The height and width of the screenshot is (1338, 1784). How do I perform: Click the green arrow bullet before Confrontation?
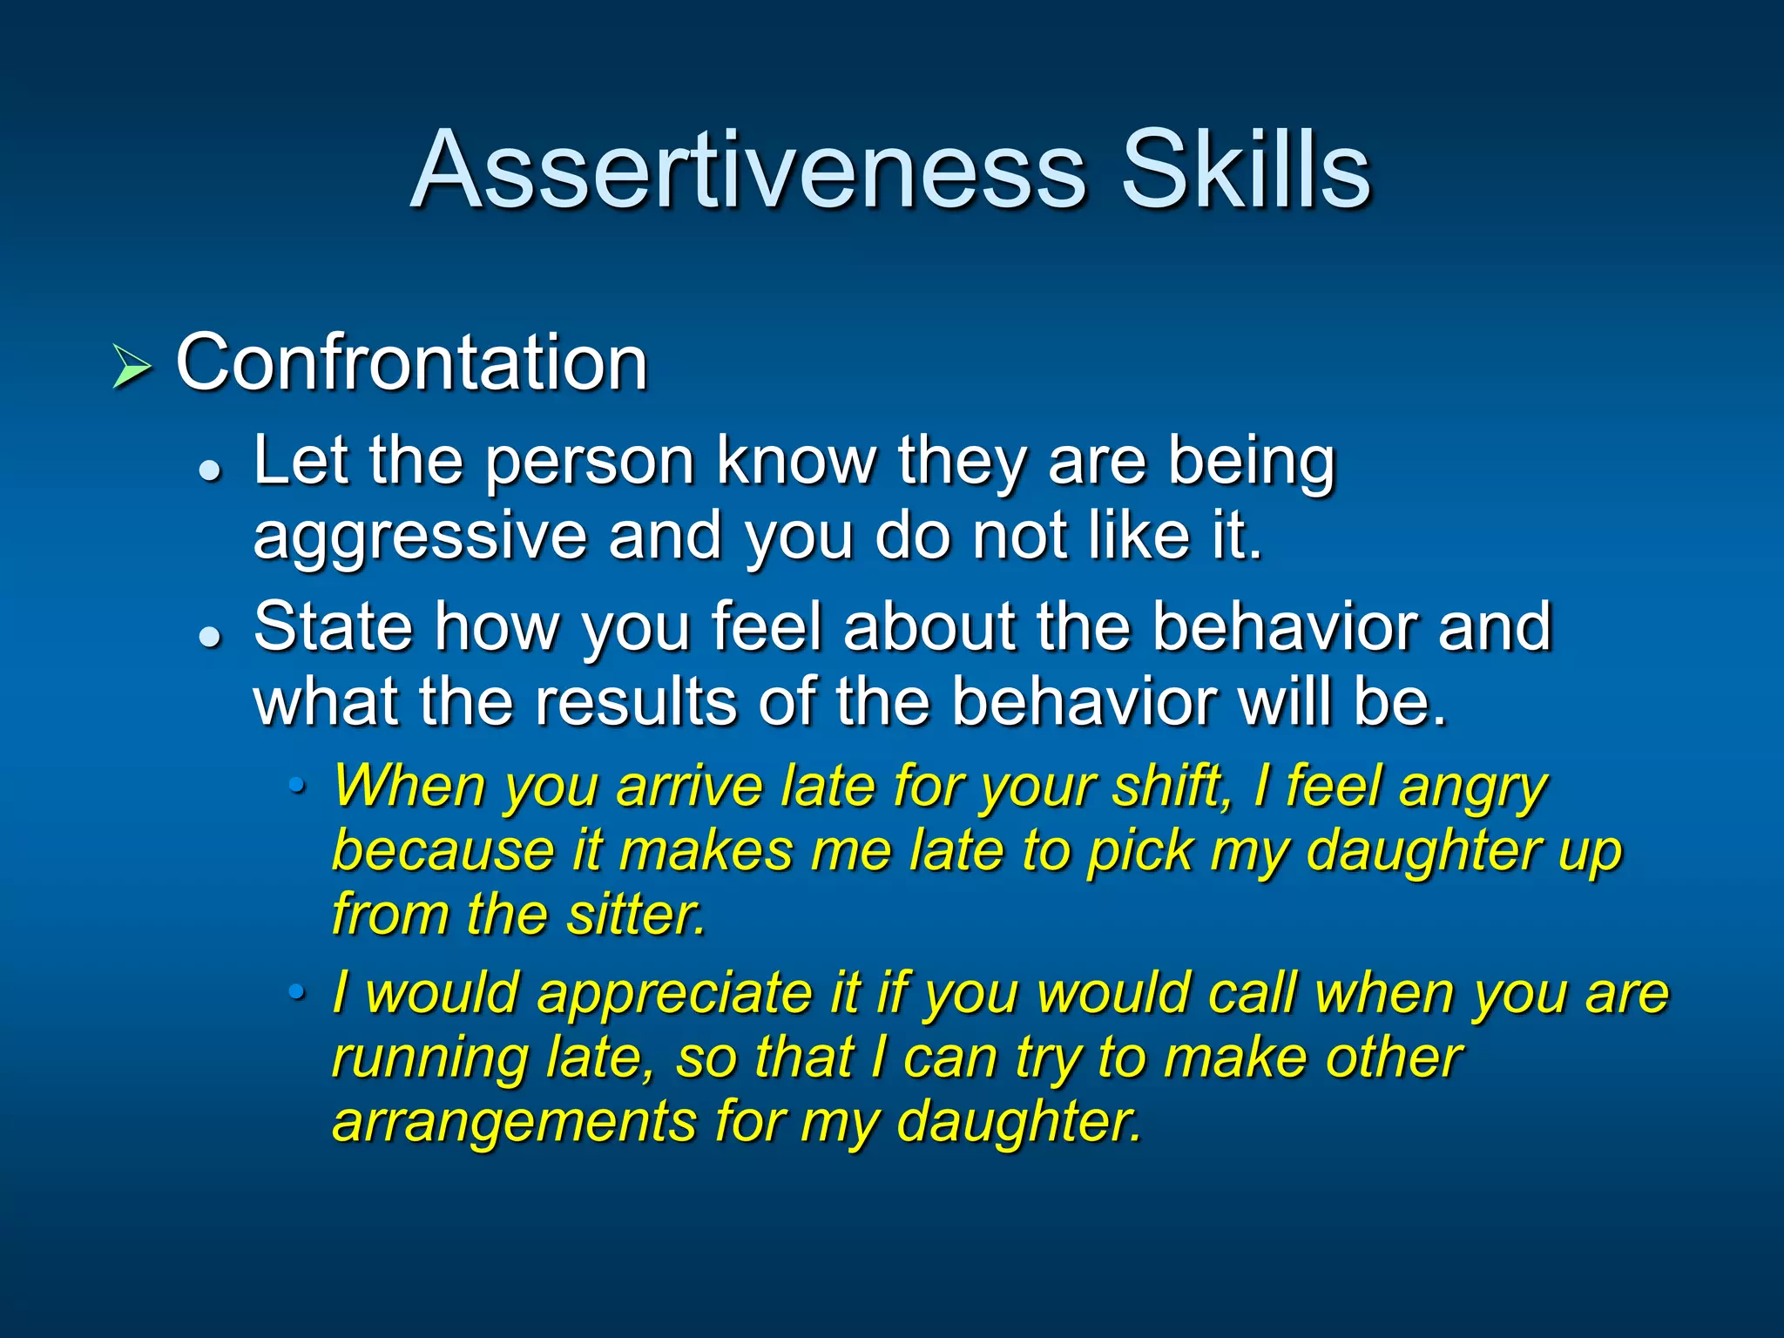(132, 366)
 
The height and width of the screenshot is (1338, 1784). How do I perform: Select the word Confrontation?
(411, 362)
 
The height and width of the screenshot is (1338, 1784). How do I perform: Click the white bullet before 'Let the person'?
(210, 471)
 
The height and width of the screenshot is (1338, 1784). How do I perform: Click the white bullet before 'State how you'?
(210, 637)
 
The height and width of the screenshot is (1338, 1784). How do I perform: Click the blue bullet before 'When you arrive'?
(298, 787)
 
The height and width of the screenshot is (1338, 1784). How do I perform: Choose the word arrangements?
(514, 1122)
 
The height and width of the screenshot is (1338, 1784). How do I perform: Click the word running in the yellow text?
(430, 1059)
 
